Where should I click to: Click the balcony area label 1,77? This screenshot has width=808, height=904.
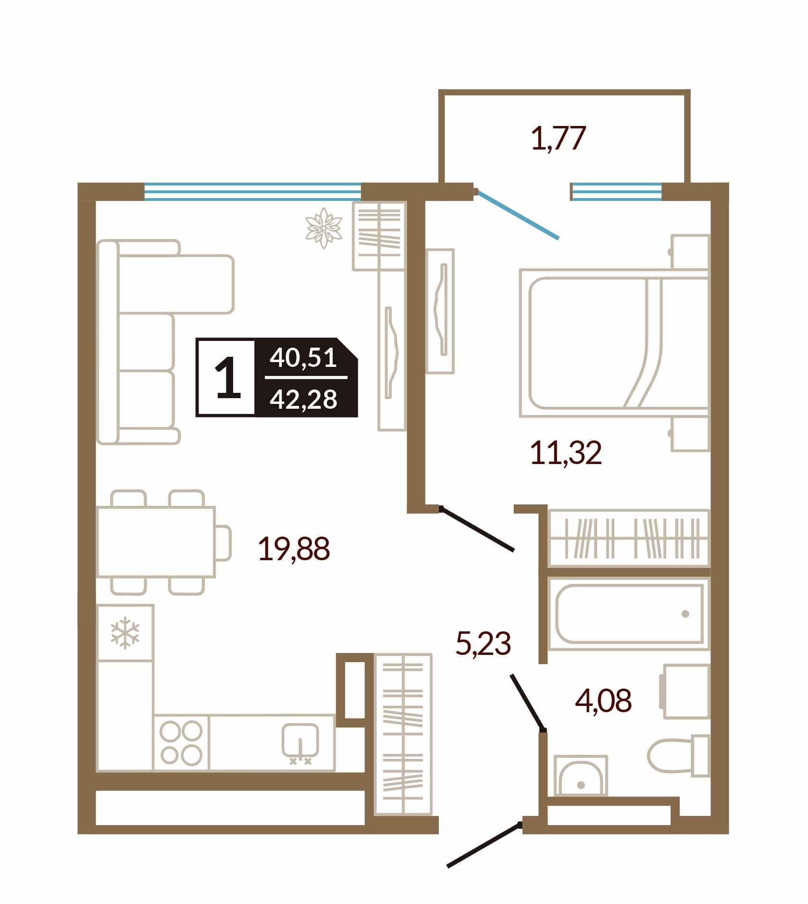pyautogui.click(x=558, y=138)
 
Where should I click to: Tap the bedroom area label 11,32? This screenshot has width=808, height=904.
pyautogui.click(x=566, y=453)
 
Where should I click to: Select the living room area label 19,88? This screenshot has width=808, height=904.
pyautogui.click(x=294, y=549)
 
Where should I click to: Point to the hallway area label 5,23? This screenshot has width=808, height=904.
pyautogui.click(x=483, y=643)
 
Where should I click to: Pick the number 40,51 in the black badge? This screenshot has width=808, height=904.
pyautogui.click(x=303, y=358)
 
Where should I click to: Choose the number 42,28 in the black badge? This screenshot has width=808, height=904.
pyautogui.click(x=303, y=399)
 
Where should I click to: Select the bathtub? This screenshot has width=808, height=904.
pyautogui.click(x=629, y=614)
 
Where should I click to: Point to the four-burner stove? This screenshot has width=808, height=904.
pyautogui.click(x=181, y=743)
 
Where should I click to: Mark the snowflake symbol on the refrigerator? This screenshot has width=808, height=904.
pyautogui.click(x=125, y=632)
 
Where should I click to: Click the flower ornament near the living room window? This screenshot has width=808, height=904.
pyautogui.click(x=324, y=228)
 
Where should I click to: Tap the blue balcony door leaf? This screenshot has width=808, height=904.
pyautogui.click(x=517, y=214)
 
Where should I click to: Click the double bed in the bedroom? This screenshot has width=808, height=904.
pyautogui.click(x=614, y=343)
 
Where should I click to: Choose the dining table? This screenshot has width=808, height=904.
pyautogui.click(x=156, y=541)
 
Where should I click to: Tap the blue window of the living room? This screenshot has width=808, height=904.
pyautogui.click(x=252, y=191)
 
